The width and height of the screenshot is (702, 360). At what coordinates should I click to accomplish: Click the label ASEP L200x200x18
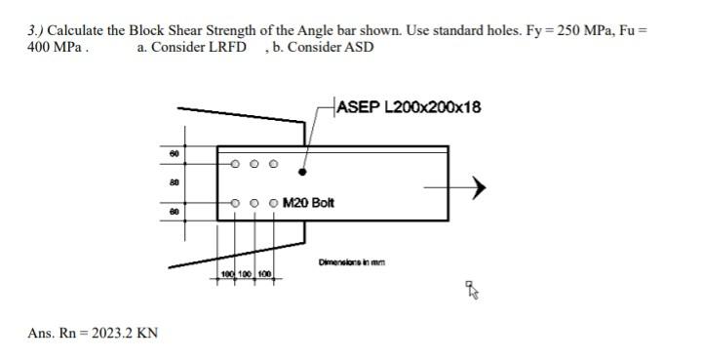409,106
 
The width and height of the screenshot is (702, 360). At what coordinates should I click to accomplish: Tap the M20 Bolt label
308,203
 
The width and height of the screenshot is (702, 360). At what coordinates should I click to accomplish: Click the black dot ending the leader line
302,172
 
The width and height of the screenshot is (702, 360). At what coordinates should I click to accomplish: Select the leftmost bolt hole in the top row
235,163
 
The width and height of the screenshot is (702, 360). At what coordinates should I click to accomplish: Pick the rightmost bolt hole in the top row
273,163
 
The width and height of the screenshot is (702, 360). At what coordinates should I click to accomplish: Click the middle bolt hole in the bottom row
254,204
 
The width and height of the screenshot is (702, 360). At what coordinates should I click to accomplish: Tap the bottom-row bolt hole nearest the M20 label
273,204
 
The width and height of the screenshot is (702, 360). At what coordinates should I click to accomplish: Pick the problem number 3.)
37,30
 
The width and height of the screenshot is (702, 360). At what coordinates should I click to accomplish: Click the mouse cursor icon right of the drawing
472,289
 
